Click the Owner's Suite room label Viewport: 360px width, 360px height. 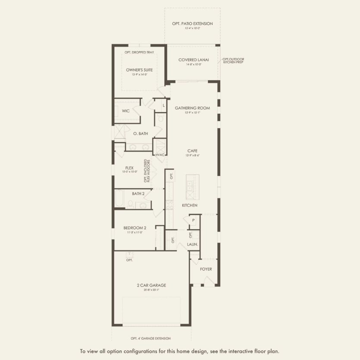point(139,69)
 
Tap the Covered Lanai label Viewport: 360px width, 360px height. point(194,60)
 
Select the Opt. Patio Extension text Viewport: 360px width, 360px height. point(192,24)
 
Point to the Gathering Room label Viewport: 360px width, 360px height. point(192,108)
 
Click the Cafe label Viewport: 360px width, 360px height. point(192,151)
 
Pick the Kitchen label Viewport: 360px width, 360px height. point(190,205)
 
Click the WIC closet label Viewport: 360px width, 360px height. point(125,111)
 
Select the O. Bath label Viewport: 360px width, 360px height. point(141,134)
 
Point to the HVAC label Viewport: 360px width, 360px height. point(160,154)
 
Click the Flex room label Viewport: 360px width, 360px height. point(129,168)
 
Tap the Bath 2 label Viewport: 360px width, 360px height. point(138,194)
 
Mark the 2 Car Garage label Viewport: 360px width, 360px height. point(151,285)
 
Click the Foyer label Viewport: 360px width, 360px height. point(206,269)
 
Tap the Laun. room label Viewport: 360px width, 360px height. point(192,244)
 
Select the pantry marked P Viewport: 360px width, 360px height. point(194,220)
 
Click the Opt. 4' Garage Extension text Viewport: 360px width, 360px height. point(150,338)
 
